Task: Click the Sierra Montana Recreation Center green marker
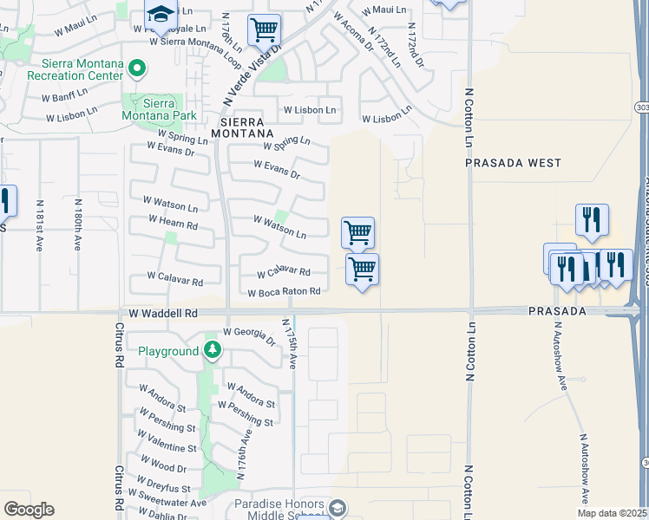coord(136,68)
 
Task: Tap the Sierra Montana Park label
coord(159,110)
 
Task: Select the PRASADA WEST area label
coord(513,163)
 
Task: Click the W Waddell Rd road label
coord(163,313)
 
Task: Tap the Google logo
coord(29,510)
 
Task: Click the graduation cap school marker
coord(161,16)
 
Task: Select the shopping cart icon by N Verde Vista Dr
coord(264,30)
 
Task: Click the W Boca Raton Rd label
coord(284,292)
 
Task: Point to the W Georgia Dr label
coord(250,336)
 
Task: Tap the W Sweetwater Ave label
coord(167,499)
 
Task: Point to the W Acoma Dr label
coord(353,33)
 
